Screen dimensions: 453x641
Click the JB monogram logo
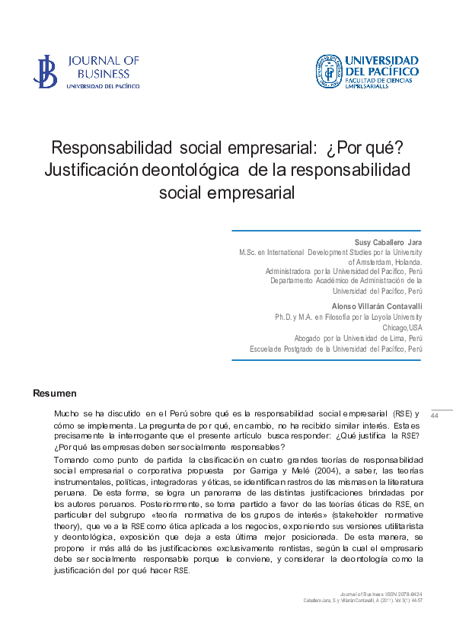coord(45,71)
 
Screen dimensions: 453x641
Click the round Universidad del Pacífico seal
coord(328,71)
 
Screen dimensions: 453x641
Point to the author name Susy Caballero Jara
coord(388,242)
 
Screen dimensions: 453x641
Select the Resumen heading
coord(55,394)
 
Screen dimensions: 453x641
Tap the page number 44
coord(435,416)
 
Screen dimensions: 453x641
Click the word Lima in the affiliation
coord(394,338)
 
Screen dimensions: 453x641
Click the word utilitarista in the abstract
coord(396,525)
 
